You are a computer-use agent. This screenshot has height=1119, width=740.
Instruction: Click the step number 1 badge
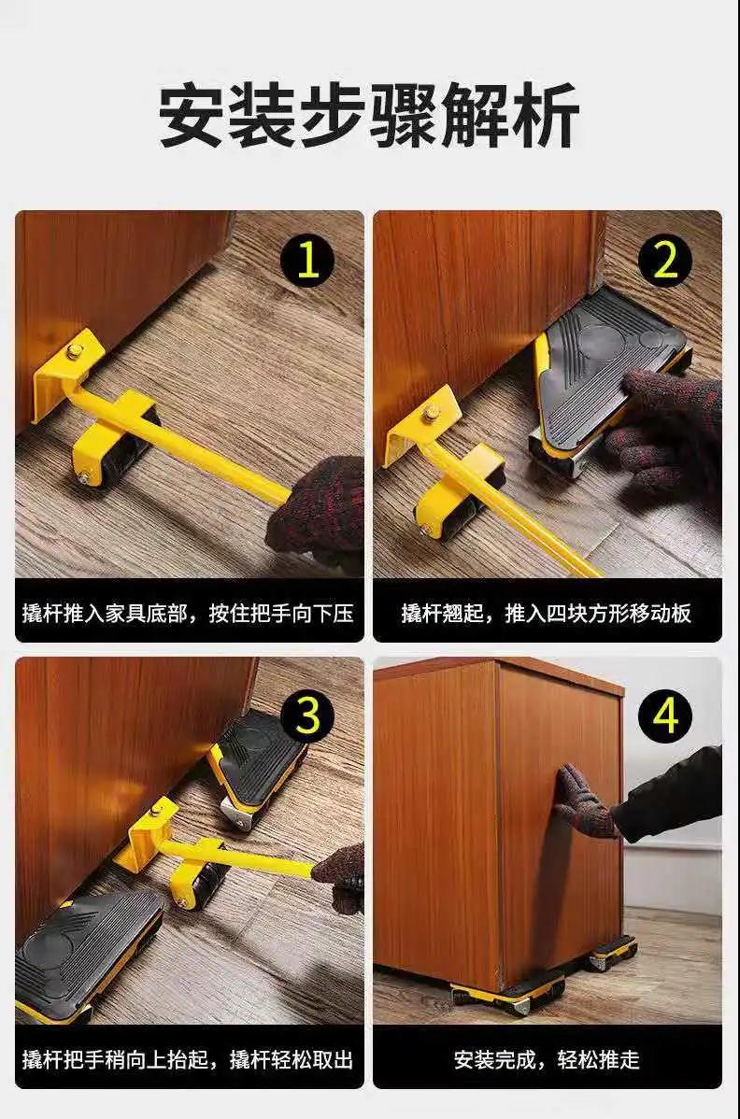pyautogui.click(x=307, y=261)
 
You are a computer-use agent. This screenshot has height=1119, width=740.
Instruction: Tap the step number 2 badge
pyautogui.click(x=665, y=261)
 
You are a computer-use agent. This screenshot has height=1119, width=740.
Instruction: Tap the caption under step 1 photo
pyautogui.click(x=189, y=613)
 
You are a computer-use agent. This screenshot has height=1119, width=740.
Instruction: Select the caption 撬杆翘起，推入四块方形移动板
pyautogui.click(x=546, y=613)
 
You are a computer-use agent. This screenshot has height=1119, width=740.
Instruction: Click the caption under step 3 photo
pyautogui.click(x=189, y=1060)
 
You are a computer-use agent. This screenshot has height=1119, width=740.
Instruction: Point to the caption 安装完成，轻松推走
pyautogui.click(x=547, y=1060)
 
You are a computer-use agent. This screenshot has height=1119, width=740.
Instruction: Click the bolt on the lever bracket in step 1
pyautogui.click(x=74, y=351)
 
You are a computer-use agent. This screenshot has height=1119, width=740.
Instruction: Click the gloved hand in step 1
pyautogui.click(x=317, y=508)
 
